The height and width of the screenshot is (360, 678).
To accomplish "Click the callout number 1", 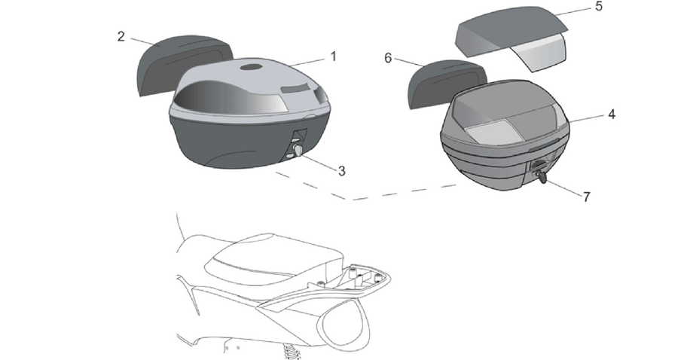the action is pos(334,56).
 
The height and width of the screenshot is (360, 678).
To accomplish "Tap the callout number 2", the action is pos(121,36).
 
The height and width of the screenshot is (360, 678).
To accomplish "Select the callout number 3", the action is pos(341,171).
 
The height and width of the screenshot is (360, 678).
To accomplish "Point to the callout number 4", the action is pos(612,114).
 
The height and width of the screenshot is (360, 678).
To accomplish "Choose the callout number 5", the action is pos(598,6).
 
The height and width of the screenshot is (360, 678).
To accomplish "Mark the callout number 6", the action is pos(388,58).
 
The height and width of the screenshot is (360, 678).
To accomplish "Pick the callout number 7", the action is pos(586,197).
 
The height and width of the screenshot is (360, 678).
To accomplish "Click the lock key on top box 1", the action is pos(298,151).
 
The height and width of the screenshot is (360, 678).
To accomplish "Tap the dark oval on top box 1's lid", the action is pos(251,68).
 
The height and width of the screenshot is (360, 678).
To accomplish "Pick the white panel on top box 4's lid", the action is pos(490,130).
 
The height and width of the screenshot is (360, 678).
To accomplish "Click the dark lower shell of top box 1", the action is pos(242,142).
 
